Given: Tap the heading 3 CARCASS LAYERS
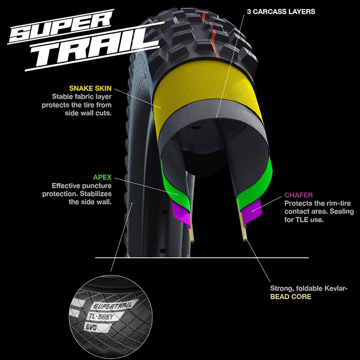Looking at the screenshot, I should [281, 12].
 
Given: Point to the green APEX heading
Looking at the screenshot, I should [102, 177].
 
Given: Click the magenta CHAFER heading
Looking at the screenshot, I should [299, 195].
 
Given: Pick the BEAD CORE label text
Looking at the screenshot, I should [291, 297].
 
